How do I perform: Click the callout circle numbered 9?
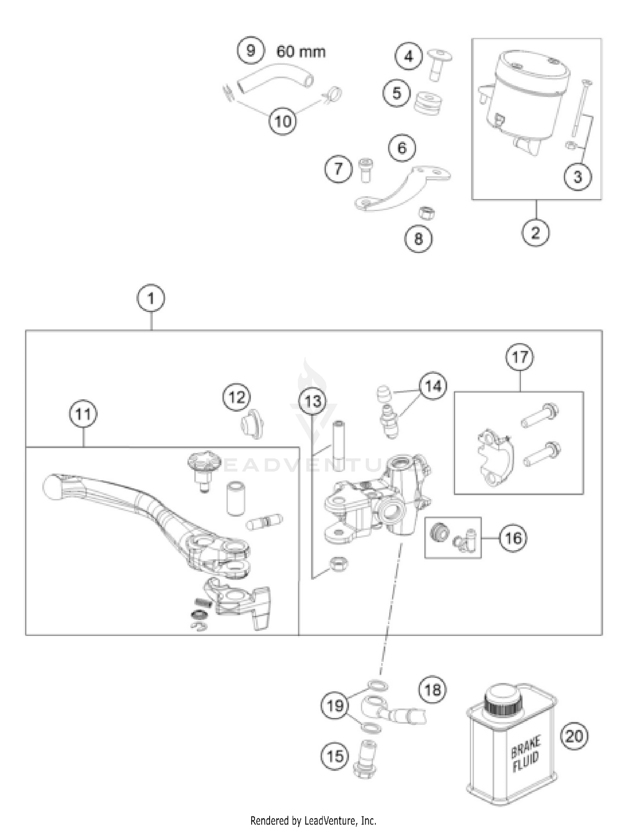pos(250,51)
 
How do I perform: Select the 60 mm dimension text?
pos(301,51)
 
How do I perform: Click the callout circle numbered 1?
pos(151,298)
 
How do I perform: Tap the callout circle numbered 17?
pos(520,357)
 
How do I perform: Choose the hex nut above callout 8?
pos(428,213)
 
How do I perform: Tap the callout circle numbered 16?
pos(513,538)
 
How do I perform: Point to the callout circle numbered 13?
pos(313,402)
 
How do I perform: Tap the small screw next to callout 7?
pos(366,169)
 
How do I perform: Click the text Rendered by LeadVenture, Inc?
pos(313,820)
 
